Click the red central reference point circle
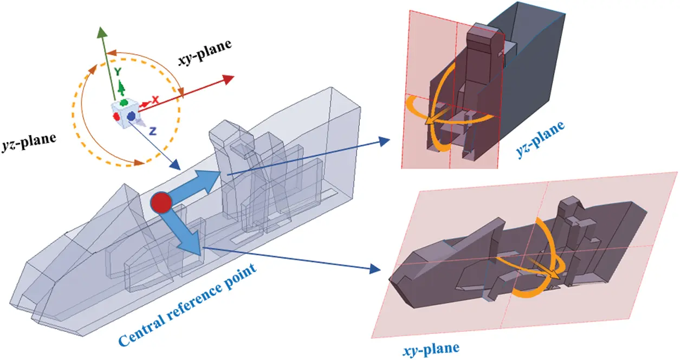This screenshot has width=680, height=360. [161, 202]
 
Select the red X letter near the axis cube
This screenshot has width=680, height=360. [155, 100]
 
